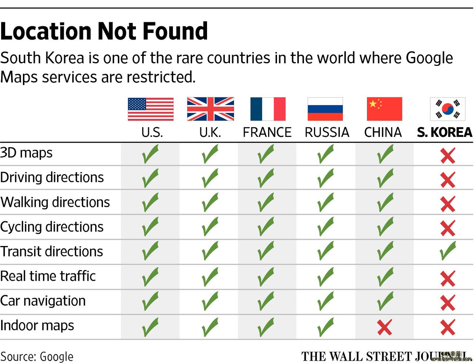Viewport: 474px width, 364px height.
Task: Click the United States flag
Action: click(150, 109)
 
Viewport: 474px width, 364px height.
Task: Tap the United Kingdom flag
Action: click(210, 109)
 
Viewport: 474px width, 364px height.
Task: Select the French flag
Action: click(268, 109)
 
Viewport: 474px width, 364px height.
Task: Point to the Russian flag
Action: click(325, 109)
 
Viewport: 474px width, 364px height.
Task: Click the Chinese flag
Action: click(384, 109)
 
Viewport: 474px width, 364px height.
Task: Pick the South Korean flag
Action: click(447, 109)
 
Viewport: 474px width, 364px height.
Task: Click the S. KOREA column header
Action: click(444, 132)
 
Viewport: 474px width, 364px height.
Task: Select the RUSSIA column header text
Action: click(327, 132)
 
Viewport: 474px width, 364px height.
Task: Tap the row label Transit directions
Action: click(51, 252)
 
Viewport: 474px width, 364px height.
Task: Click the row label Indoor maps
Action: click(37, 326)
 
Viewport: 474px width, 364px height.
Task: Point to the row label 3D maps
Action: click(26, 153)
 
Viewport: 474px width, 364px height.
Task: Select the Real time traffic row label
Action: click(48, 276)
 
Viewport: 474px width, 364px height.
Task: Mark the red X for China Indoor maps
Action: click(384, 327)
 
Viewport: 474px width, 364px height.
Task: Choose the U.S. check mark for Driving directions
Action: click(150, 178)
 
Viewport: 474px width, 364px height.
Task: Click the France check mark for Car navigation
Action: click(266, 301)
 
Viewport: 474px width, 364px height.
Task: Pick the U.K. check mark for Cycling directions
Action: click(210, 227)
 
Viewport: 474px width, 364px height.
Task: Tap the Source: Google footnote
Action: click(37, 357)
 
